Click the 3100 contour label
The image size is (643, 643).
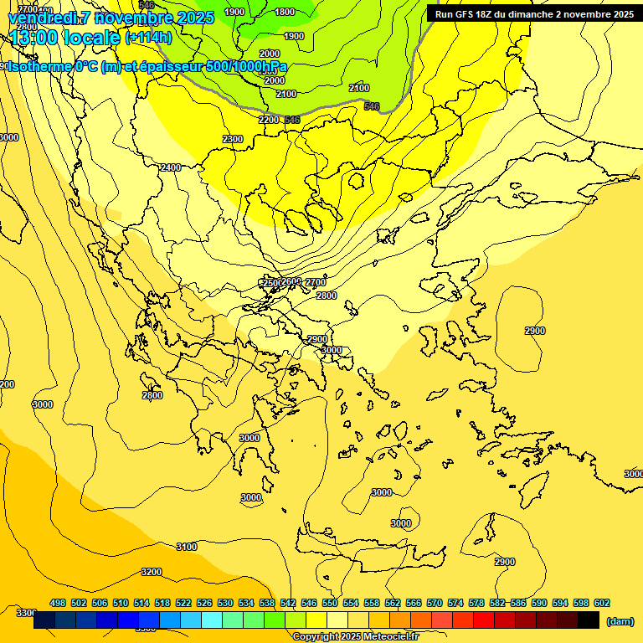pyautogui.click(x=186, y=547)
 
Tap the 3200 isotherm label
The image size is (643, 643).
pyautogui.click(x=151, y=572)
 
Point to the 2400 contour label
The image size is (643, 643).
pyautogui.click(x=170, y=167)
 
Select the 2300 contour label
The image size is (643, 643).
pyautogui.click(x=233, y=139)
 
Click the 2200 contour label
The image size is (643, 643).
pyautogui.click(x=269, y=120)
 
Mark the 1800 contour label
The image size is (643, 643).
pyautogui.click(x=285, y=12)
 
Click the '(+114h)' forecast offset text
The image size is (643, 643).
pyautogui.click(x=148, y=38)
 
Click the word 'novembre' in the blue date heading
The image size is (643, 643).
pyautogui.click(x=134, y=18)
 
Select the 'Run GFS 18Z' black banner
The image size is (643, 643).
pyautogui.click(x=533, y=14)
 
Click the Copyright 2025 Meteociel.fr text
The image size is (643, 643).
pyautogui.click(x=355, y=636)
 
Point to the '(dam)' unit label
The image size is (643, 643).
pyautogui.click(x=619, y=620)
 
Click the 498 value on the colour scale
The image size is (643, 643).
pyautogui.click(x=58, y=603)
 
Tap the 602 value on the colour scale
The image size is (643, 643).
pyautogui.click(x=601, y=603)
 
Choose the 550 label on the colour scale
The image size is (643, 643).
pyautogui.click(x=330, y=603)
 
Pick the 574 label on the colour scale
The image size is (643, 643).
pyautogui.click(x=455, y=603)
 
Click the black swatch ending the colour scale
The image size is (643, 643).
pyautogui.click(x=588, y=620)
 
